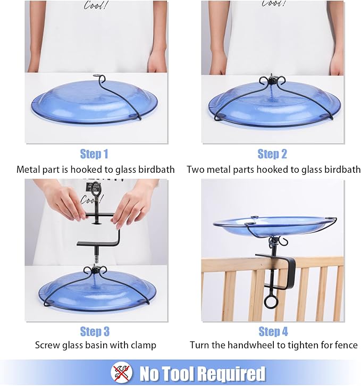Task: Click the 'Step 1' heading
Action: (94, 154)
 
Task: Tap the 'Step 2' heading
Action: (272, 154)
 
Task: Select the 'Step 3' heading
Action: (95, 331)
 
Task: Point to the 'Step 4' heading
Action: (273, 331)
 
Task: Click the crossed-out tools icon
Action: (121, 373)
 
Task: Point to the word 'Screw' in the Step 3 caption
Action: (47, 346)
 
